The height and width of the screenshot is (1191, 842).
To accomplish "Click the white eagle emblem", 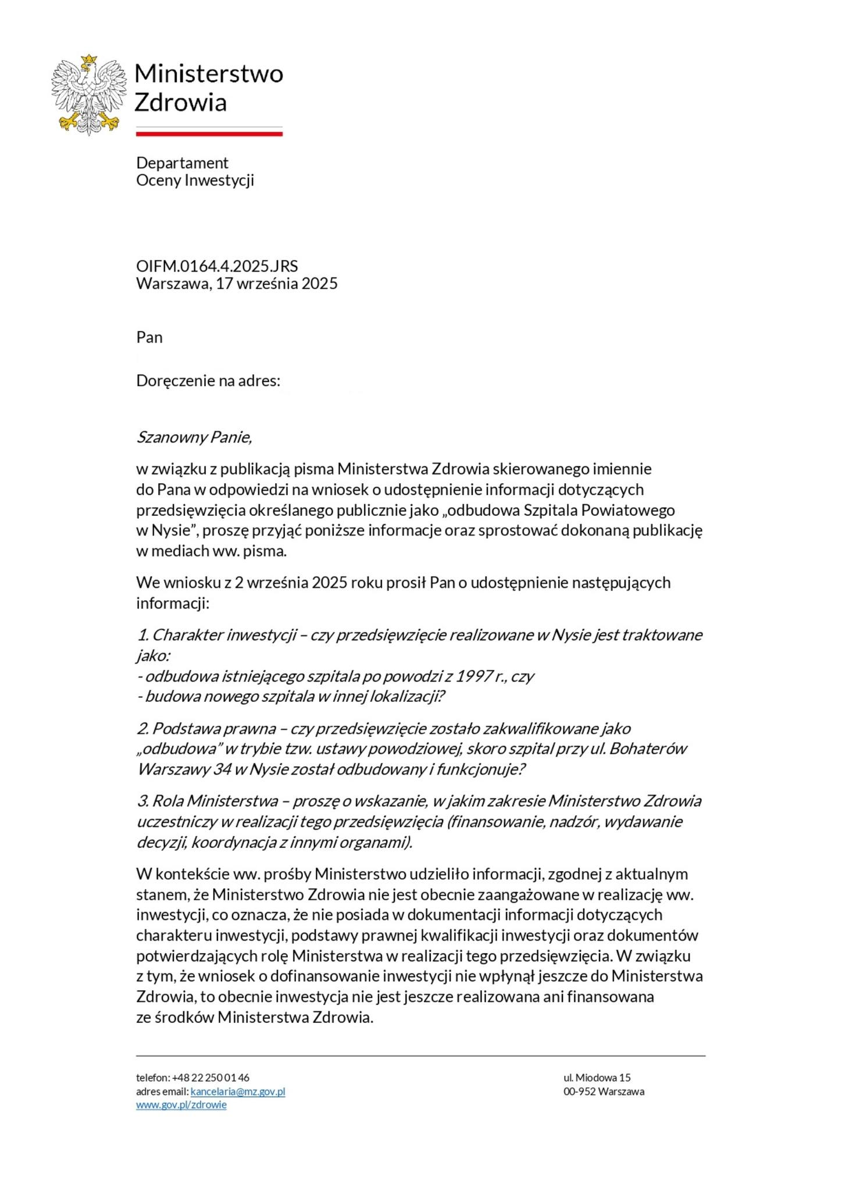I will (x=88, y=96).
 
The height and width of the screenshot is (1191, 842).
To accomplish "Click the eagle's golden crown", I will (x=88, y=59).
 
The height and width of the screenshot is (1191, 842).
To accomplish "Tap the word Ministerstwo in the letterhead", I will (x=209, y=74).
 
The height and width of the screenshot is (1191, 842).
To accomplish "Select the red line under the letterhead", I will (x=209, y=134).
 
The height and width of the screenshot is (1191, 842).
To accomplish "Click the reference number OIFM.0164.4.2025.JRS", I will (x=217, y=266).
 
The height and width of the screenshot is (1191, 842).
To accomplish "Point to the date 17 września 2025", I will (x=277, y=284).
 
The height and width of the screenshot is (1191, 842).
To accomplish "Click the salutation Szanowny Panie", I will (x=194, y=437).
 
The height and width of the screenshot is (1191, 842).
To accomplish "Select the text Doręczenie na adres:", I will (x=208, y=381).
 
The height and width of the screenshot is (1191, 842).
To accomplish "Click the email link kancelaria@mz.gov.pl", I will (x=238, y=1092).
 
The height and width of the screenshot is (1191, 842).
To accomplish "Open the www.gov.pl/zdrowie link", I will (x=181, y=1105).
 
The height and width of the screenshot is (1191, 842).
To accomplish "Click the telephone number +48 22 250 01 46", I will (x=211, y=1078).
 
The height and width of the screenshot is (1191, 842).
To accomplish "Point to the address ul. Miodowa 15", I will (x=597, y=1078).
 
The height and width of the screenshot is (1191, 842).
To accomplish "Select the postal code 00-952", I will (x=579, y=1092).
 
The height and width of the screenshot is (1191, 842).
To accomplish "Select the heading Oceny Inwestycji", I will (x=195, y=180).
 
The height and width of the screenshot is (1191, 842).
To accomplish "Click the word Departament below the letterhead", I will (x=182, y=163).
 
